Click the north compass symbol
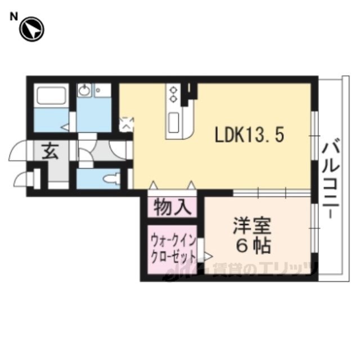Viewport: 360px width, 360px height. (31, 30)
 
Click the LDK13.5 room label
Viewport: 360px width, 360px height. (249, 135)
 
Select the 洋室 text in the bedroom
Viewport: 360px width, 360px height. (252, 226)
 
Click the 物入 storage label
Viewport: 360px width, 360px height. (173, 207)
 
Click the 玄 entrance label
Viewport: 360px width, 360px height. (50, 151)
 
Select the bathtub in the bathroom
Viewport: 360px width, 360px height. (51, 95)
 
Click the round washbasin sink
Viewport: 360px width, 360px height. (84, 90)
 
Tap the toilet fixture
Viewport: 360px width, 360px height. (111, 179)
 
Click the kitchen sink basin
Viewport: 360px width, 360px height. (174, 123)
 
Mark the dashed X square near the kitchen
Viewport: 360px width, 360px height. (126, 124)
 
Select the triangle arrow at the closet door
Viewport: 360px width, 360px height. (208, 256)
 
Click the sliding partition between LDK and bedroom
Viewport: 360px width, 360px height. (272, 192)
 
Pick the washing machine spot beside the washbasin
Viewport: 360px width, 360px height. (102, 90)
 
